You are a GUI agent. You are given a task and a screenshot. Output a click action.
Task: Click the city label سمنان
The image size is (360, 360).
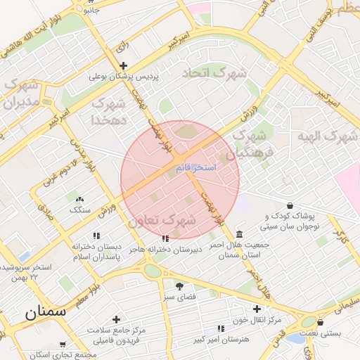(x=45, y=312)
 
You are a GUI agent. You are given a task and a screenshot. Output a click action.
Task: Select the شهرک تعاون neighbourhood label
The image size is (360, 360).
(x=162, y=220)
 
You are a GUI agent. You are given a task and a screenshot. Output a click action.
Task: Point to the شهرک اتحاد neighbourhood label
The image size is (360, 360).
(x=214, y=73)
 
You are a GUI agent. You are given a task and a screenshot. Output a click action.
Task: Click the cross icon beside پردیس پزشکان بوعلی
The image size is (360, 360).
(x=124, y=65)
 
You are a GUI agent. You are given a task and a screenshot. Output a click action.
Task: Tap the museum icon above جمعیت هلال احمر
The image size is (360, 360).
(x=240, y=233)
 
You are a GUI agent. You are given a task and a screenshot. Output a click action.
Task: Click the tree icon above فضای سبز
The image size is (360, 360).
(x=179, y=285)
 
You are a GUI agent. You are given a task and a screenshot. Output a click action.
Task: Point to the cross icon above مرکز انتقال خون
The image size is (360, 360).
(x=257, y=309)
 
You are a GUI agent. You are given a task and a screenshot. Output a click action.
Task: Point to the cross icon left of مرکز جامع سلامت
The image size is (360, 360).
(x=116, y=319)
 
